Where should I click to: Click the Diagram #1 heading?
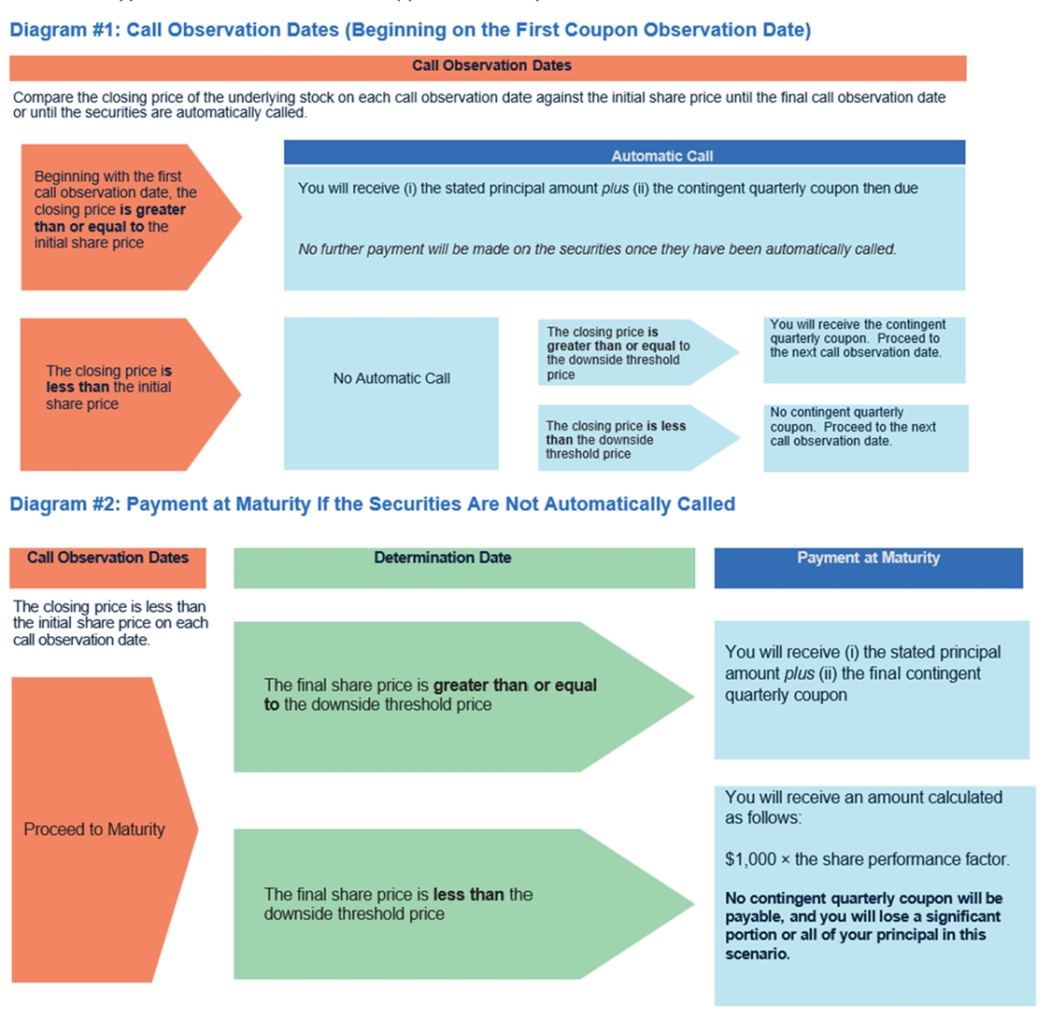pos(409,30)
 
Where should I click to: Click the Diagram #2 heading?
pos(372,504)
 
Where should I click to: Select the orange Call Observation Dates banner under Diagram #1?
pos(488,66)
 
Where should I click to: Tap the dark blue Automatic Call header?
pos(624,154)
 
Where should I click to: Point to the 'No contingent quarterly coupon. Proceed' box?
pos(864,437)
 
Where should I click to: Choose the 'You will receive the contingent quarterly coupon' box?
pos(863,349)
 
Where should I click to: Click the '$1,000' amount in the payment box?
pos(746,859)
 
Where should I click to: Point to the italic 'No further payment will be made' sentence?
pos(597,249)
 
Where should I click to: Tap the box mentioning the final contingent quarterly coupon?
pos(871,689)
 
